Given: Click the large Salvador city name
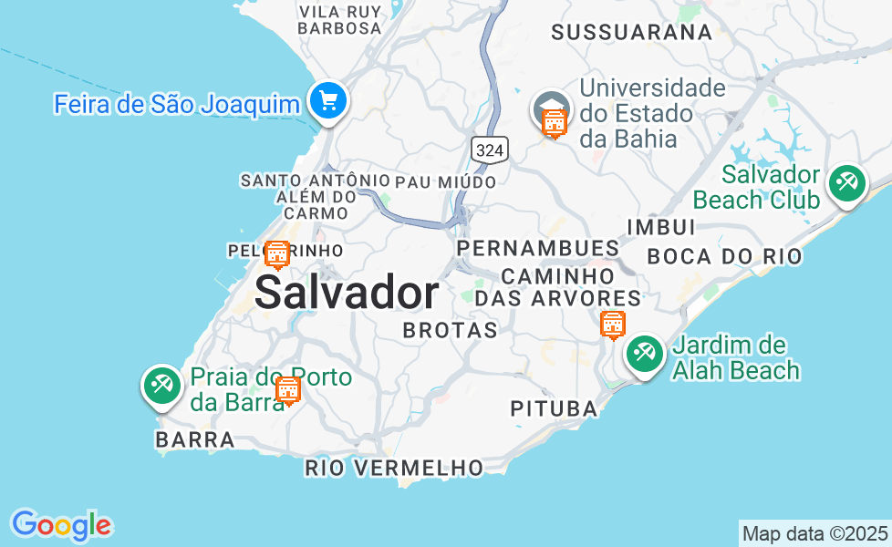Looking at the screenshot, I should (347, 294).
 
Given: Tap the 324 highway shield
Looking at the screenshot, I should (490, 150).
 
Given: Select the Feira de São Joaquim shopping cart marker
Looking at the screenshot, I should (327, 100).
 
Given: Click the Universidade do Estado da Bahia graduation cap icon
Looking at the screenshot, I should (552, 107).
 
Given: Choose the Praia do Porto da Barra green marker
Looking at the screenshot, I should (162, 385).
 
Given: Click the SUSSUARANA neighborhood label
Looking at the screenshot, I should (631, 33).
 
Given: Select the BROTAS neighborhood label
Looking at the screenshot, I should (451, 330).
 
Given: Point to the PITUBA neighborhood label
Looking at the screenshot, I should (554, 409).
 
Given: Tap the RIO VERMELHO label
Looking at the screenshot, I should (394, 469).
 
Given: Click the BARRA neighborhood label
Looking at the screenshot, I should (195, 439).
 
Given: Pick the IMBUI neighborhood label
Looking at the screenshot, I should (661, 227).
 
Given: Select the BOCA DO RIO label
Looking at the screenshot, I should (725, 256).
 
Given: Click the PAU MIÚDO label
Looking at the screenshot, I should (446, 182).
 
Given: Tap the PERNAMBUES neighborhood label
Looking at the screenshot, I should (538, 248).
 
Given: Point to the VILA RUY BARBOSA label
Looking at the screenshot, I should (340, 19).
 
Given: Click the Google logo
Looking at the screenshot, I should (61, 525).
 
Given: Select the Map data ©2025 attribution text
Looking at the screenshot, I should (814, 533).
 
